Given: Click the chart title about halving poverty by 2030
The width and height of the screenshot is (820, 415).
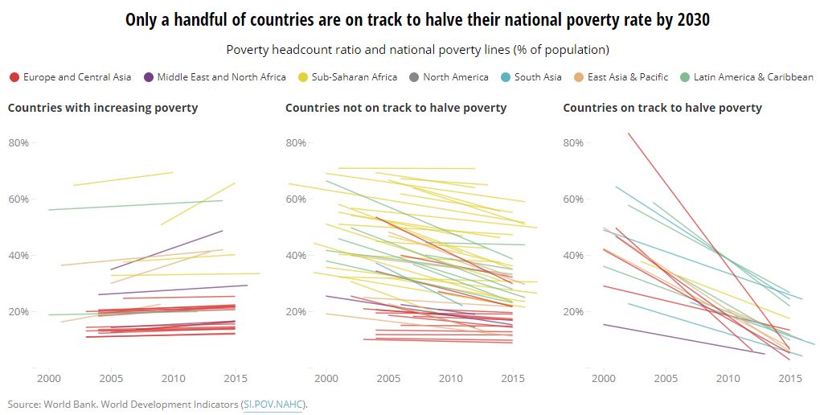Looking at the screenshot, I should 417,20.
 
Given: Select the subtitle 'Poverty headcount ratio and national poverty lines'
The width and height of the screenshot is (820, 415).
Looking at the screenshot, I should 417,50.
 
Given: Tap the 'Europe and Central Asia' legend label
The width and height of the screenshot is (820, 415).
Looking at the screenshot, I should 77,77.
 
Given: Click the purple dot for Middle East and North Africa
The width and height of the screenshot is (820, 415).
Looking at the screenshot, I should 149,77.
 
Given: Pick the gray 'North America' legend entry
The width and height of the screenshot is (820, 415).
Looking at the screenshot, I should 455,77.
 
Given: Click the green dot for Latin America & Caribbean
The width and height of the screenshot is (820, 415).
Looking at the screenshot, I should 685,77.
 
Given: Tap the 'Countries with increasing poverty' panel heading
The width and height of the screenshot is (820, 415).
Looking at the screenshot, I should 103,108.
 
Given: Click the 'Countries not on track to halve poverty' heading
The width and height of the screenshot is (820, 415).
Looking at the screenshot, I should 396,108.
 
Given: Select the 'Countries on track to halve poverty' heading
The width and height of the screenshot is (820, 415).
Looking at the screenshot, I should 662,108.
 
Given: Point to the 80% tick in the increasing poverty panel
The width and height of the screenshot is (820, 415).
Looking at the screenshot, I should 18,143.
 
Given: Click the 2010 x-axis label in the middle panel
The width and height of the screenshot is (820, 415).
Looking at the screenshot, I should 450,378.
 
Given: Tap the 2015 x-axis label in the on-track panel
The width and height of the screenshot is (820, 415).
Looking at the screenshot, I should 790,378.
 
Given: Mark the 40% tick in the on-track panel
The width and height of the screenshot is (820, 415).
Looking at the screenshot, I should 574,256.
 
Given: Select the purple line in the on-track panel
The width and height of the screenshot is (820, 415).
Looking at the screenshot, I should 683,339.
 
